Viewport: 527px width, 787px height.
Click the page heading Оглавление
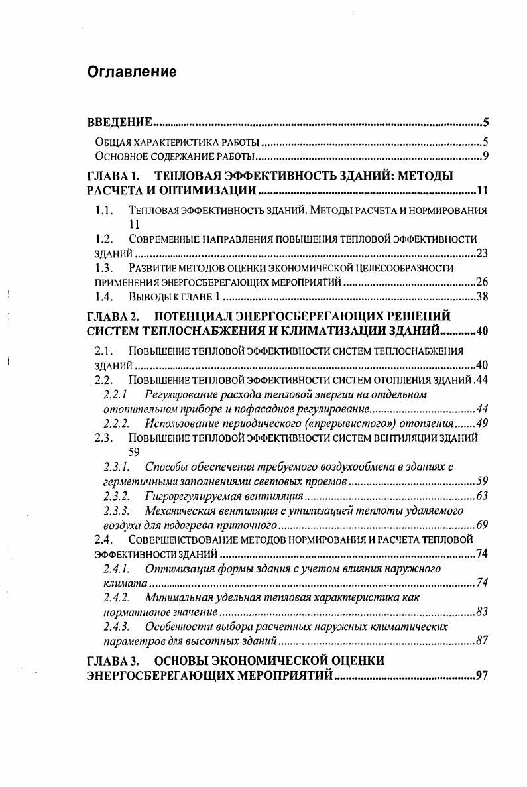pyautogui.click(x=132, y=72)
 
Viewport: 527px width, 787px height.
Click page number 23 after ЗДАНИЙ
pyautogui.click(x=483, y=253)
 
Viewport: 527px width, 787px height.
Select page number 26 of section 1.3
pyautogui.click(x=483, y=282)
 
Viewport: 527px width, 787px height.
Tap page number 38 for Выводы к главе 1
pyautogui.click(x=483, y=296)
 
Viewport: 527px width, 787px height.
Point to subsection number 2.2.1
pyautogui.click(x=117, y=394)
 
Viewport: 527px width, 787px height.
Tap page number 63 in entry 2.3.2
pyautogui.click(x=483, y=495)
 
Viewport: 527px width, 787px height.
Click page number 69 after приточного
pyautogui.click(x=483, y=524)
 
